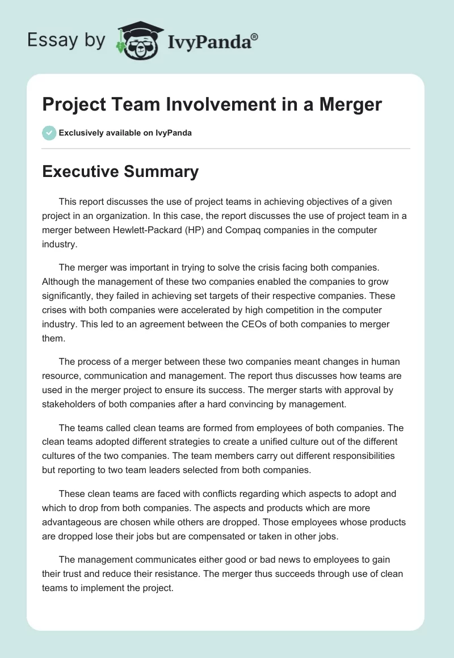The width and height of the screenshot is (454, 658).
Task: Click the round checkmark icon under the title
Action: point(49,133)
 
